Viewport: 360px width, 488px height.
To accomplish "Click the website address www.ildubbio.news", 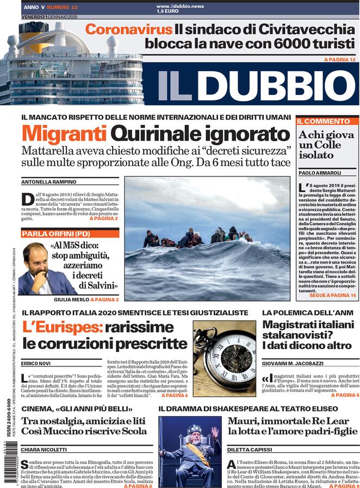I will pyautogui.click(x=181, y=6).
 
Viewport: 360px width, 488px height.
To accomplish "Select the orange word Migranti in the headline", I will pyautogui.click(x=64, y=134).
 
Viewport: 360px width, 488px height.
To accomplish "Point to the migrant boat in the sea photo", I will pyautogui.click(x=196, y=237).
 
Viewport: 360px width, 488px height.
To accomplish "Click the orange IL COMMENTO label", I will pyautogui.click(x=324, y=121).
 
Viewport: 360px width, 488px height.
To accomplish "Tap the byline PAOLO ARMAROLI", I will pyautogui.click(x=320, y=173).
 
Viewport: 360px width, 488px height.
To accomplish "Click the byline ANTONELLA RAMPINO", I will pyautogui.click(x=48, y=182).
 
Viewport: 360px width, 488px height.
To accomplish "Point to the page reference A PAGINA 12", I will pyautogui.click(x=339, y=59).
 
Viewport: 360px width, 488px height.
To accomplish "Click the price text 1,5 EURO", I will pyautogui.click(x=168, y=11).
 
